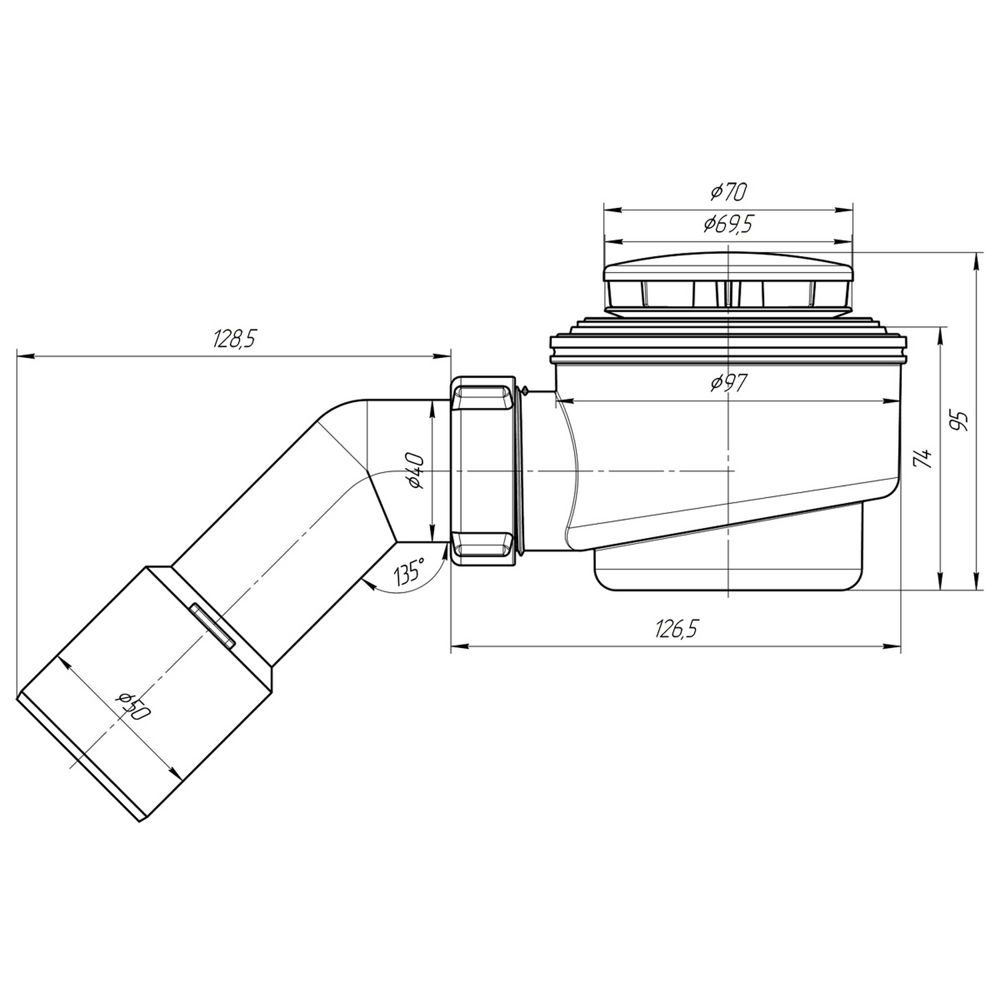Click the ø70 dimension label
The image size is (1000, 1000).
pyautogui.click(x=729, y=192)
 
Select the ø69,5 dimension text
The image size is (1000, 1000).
pyautogui.click(x=728, y=225)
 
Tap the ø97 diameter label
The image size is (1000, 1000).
pyautogui.click(x=729, y=383)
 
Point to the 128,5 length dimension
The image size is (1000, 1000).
pyautogui.click(x=234, y=339)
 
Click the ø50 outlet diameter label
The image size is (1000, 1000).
pyautogui.click(x=133, y=707)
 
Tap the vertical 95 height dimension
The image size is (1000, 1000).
pyautogui.click(x=960, y=421)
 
